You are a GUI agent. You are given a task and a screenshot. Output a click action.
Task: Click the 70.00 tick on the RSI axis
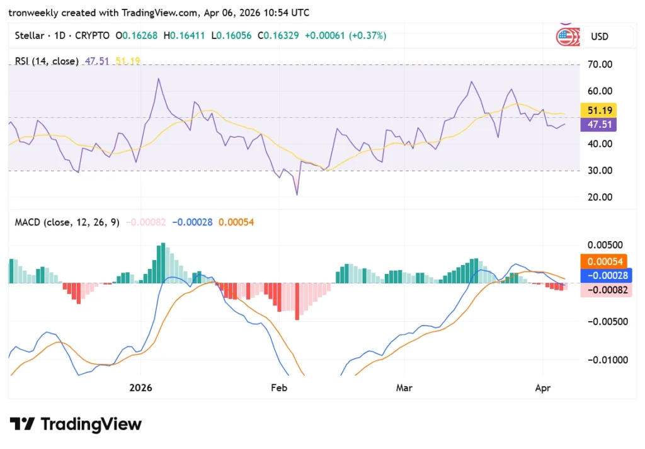pyautogui.click(x=599, y=64)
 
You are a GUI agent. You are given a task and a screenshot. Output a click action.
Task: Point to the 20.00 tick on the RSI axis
pyautogui.click(x=599, y=197)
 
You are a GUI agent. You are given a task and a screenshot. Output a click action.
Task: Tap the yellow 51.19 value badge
pyautogui.click(x=599, y=110)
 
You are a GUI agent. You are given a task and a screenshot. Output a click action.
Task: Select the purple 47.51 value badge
pyautogui.click(x=599, y=125)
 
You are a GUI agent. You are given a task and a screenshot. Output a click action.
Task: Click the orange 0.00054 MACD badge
pyautogui.click(x=604, y=261)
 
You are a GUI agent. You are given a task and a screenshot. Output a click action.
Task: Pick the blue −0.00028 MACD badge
pyautogui.click(x=604, y=275)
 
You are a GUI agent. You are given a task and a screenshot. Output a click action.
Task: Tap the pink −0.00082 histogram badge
pyautogui.click(x=604, y=290)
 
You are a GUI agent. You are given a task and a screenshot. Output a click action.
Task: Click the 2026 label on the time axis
pyautogui.click(x=141, y=388)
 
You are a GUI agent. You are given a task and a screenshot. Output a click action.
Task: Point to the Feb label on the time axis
pyautogui.click(x=278, y=388)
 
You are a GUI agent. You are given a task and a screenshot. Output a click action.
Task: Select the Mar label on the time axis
pyautogui.click(x=404, y=388)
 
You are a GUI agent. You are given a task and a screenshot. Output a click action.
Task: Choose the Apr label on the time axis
pyautogui.click(x=542, y=388)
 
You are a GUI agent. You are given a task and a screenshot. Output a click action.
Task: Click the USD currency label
pyautogui.click(x=599, y=37)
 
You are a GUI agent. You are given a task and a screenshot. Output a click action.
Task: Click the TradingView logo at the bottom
pyautogui.click(x=76, y=424)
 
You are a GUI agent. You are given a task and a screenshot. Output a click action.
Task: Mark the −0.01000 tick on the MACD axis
pyautogui.click(x=603, y=360)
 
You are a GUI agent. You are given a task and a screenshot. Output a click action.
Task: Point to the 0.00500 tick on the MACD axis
pyautogui.click(x=603, y=244)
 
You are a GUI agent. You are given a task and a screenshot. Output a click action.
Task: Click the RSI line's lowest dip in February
pyautogui.click(x=296, y=195)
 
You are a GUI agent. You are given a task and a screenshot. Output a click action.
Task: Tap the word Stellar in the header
pyautogui.click(x=29, y=37)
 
